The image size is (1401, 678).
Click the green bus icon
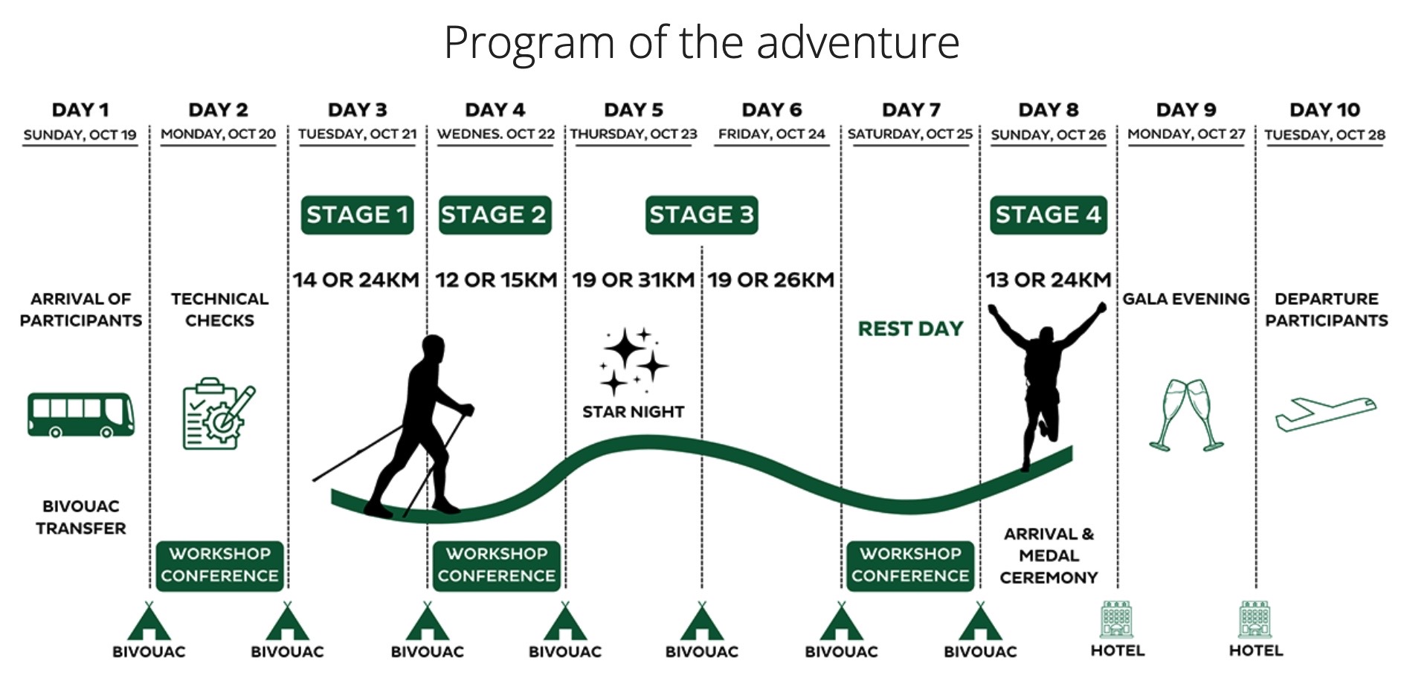pyautogui.click(x=81, y=414)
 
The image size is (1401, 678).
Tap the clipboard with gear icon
pyautogui.click(x=219, y=413)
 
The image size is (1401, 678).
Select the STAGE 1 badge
pyautogui.click(x=357, y=215)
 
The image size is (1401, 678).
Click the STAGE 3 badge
pyautogui.click(x=701, y=215)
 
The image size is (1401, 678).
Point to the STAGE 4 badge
pyautogui.click(x=1049, y=215)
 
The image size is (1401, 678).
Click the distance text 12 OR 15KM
pyautogui.click(x=496, y=280)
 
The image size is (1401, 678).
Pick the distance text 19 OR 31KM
pyautogui.click(x=634, y=280)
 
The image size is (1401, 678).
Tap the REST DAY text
pyautogui.click(x=910, y=329)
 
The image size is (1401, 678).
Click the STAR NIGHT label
pyautogui.click(x=633, y=412)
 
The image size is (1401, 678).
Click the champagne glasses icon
pyautogui.click(x=1186, y=415)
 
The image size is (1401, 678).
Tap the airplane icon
pyautogui.click(x=1326, y=414)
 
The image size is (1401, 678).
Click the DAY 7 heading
pyautogui.click(x=911, y=110)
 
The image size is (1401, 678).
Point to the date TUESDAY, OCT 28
pyautogui.click(x=1325, y=135)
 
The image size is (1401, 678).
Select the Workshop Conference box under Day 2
pyautogui.click(x=219, y=566)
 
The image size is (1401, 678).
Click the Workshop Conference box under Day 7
pyautogui.click(x=910, y=566)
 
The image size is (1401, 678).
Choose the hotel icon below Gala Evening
pyautogui.click(x=1117, y=620)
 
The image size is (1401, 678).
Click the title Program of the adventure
pyautogui.click(x=701, y=42)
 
